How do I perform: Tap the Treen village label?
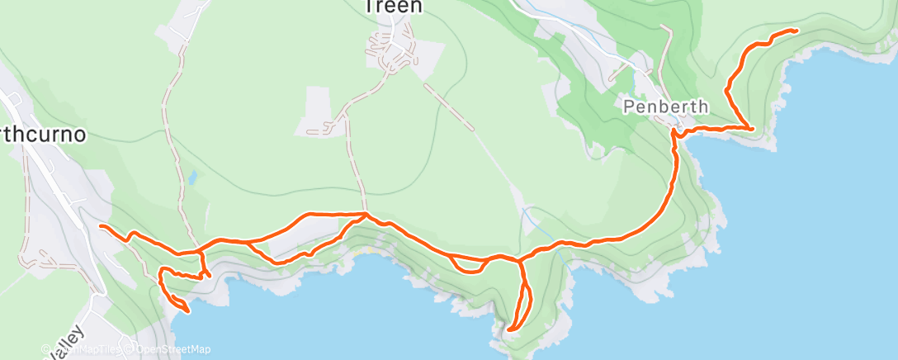(393, 7)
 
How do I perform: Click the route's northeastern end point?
(796, 31)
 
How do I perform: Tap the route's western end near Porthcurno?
(100, 225)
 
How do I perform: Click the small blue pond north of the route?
(191, 177)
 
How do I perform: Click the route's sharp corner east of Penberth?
(752, 129)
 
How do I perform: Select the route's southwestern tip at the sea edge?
(188, 311)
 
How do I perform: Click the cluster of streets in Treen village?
(392, 51)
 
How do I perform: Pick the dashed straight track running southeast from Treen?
(449, 106)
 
